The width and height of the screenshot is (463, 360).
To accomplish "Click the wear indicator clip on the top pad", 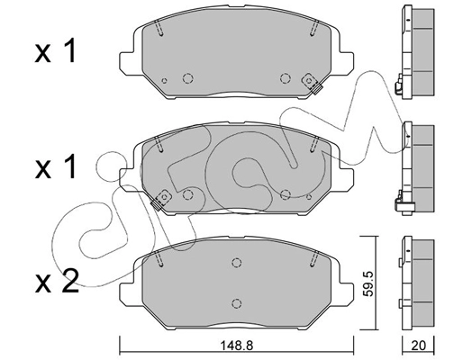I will pos(316,86).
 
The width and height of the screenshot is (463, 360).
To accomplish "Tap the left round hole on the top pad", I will pos(187,78).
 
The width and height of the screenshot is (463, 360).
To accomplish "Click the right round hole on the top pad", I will pos(285,78).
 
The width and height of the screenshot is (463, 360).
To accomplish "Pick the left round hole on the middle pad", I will pos(186,193).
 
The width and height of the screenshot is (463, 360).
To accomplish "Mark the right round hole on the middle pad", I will pos(285,193).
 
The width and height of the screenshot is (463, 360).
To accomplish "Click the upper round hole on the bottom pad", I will pos(236,264).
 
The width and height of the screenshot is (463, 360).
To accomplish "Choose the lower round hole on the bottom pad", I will pos(236,303).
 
